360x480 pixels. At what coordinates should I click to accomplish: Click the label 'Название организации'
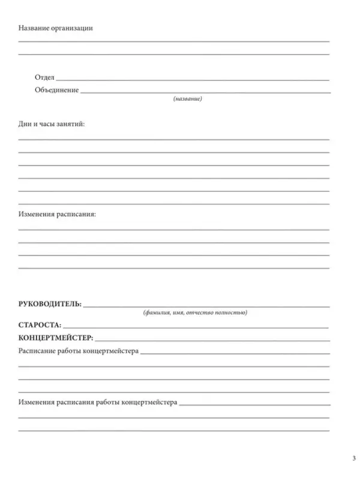point(56,28)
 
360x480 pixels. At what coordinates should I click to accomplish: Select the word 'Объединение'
point(57,90)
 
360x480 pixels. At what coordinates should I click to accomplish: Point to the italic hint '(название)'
point(187,99)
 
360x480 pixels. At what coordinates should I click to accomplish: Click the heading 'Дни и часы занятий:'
point(52,124)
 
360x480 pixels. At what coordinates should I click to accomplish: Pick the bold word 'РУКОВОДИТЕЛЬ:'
point(50,304)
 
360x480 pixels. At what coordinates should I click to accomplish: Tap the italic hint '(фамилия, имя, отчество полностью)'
point(195,313)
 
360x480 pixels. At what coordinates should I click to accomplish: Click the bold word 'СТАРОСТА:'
point(40,325)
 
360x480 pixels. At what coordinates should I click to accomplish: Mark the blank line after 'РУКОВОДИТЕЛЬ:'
point(207,306)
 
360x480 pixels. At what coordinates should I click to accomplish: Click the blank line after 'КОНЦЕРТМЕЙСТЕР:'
point(213,340)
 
